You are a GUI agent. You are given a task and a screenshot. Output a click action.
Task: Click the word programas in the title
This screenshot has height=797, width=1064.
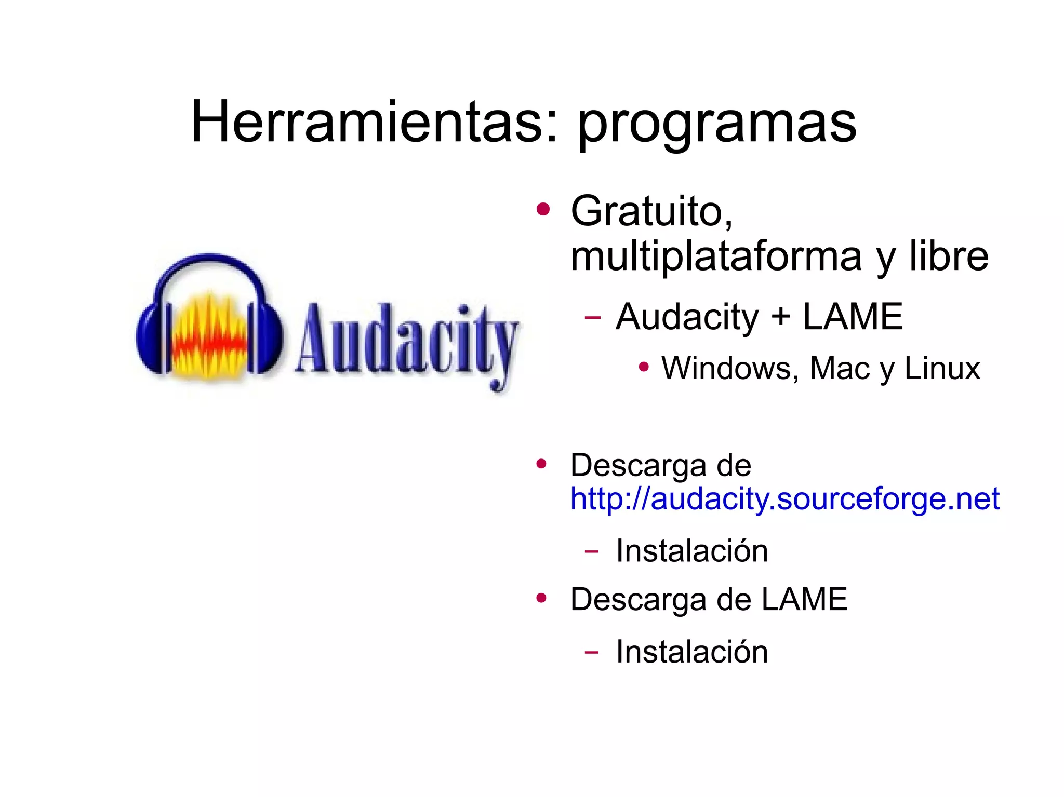[717, 125]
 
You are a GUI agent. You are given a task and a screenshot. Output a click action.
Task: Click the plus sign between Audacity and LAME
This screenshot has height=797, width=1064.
[780, 317]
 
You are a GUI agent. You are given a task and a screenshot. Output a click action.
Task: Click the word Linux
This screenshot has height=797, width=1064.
[942, 368]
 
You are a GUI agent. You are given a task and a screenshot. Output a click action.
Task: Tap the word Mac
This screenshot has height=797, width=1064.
[839, 368]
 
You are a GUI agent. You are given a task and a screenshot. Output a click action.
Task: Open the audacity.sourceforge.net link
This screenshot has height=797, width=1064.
[784, 499]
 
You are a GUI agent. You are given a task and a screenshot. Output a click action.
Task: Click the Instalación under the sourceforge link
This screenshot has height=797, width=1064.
[691, 550]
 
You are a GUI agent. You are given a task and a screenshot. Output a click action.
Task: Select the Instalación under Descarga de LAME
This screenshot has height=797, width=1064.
[691, 652]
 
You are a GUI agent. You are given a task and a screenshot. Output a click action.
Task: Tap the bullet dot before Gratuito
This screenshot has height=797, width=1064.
[543, 209]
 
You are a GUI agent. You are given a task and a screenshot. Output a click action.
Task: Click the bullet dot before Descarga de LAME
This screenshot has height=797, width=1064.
[542, 598]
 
